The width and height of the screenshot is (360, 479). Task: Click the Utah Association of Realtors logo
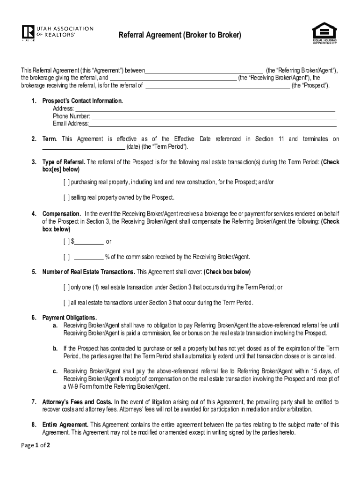coord(57,33)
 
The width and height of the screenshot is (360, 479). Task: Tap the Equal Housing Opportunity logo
coord(324,33)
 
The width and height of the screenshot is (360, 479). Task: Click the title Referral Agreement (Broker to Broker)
coord(180,35)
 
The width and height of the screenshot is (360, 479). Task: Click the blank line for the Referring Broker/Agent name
coord(204,71)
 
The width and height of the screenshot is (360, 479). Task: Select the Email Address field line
coord(213,123)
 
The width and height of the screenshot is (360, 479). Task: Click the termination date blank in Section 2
coord(84,147)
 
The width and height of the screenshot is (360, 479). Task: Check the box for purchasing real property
coord(67,182)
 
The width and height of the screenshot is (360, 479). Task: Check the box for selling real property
coord(67,197)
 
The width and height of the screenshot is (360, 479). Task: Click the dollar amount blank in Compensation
coord(89,242)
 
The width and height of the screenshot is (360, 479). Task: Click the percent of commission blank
coord(89,257)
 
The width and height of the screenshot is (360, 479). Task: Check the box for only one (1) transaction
coord(67,287)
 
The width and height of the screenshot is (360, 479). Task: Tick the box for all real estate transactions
coord(67,303)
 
